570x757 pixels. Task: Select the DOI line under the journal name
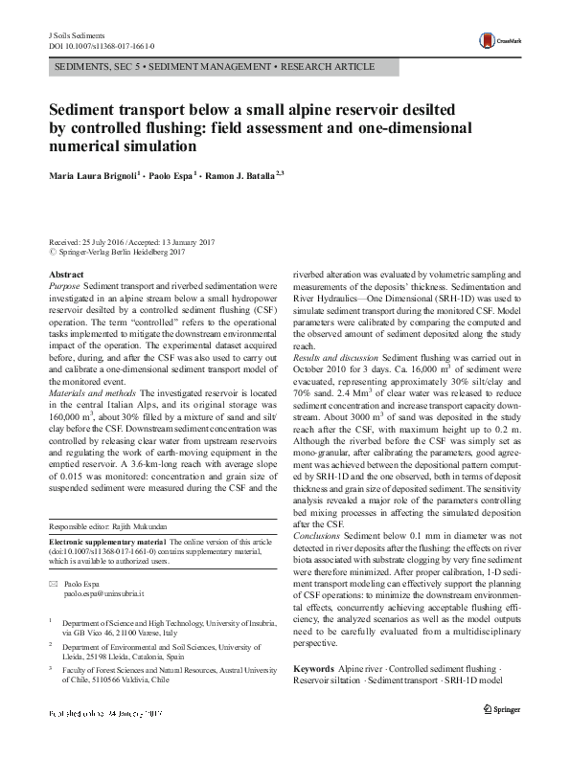[x=101, y=46]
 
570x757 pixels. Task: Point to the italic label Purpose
[x=64, y=286]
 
